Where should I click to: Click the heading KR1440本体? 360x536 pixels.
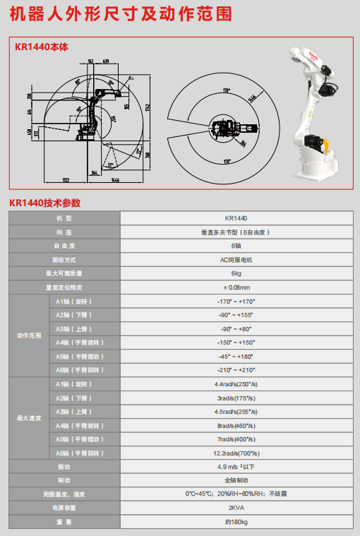click(x=42, y=47)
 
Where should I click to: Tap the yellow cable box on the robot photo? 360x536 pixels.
click(x=319, y=145)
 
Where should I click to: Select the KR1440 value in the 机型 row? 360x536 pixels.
click(x=236, y=219)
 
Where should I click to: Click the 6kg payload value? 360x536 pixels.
click(x=236, y=273)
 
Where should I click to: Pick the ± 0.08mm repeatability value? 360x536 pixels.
click(x=236, y=287)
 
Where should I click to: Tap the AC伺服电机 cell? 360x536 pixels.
click(x=236, y=260)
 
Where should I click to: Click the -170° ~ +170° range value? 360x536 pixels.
click(x=236, y=302)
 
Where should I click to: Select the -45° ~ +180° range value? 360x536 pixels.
click(x=236, y=356)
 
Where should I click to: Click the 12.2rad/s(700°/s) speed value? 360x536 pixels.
click(x=236, y=453)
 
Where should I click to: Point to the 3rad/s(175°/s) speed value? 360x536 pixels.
click(x=236, y=398)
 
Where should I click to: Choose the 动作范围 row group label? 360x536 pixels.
click(x=29, y=335)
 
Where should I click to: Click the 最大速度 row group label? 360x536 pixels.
click(x=29, y=418)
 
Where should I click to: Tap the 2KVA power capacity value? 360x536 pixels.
click(x=236, y=508)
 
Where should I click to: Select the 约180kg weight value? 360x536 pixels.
click(x=236, y=522)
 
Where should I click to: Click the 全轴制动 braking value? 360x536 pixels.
click(x=236, y=480)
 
